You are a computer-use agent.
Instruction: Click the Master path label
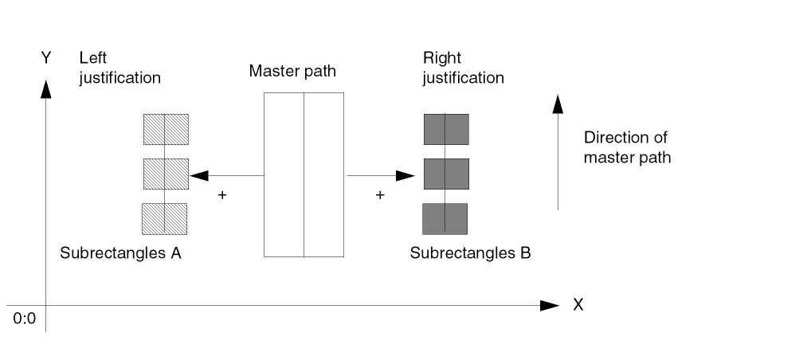(x=292, y=71)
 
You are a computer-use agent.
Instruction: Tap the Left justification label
(x=119, y=68)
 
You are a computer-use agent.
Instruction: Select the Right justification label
(x=463, y=68)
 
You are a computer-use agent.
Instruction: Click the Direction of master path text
(x=627, y=147)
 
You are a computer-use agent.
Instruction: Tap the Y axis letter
(x=46, y=57)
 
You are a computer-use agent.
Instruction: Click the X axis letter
(x=578, y=305)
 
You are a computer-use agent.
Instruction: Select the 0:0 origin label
(x=25, y=319)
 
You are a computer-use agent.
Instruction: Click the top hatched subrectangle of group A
(x=166, y=129)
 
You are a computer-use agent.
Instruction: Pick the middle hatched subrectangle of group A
(x=166, y=174)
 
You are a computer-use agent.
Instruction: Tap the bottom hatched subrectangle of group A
(x=164, y=218)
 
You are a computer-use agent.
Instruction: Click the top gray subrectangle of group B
(x=446, y=129)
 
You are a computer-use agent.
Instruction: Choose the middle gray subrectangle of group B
(x=446, y=174)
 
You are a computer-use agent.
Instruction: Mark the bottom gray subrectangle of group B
(x=445, y=218)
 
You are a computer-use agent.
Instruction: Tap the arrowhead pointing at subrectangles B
(x=407, y=175)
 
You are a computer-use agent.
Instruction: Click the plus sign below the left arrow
(x=222, y=194)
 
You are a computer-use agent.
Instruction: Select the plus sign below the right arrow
(x=380, y=194)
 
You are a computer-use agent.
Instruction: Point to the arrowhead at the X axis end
(x=550, y=305)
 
